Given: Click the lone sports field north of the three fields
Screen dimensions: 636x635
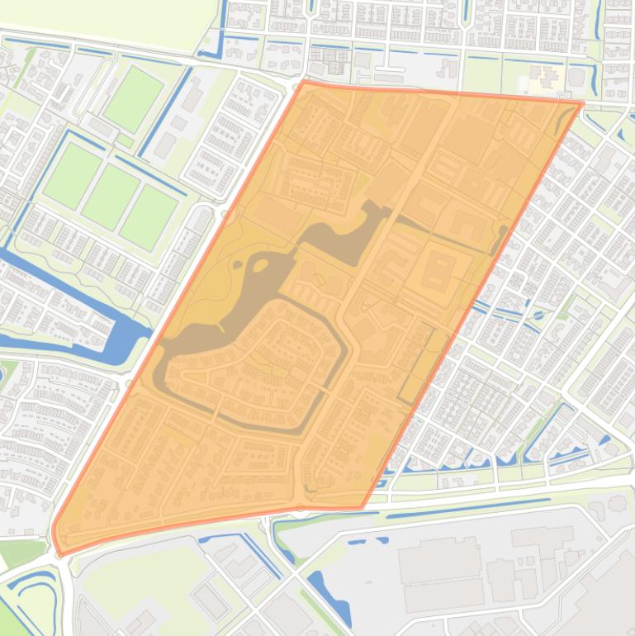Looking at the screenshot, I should click(x=132, y=98).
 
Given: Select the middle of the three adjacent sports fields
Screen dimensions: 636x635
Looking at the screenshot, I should click(x=111, y=197).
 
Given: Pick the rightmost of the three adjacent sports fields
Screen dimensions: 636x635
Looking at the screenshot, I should click(x=148, y=216).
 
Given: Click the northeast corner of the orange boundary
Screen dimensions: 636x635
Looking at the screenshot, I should click(x=582, y=104).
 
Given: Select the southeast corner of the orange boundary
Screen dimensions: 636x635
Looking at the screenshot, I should click(x=361, y=506).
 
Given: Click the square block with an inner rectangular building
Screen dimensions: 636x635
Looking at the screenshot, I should click(x=438, y=272).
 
